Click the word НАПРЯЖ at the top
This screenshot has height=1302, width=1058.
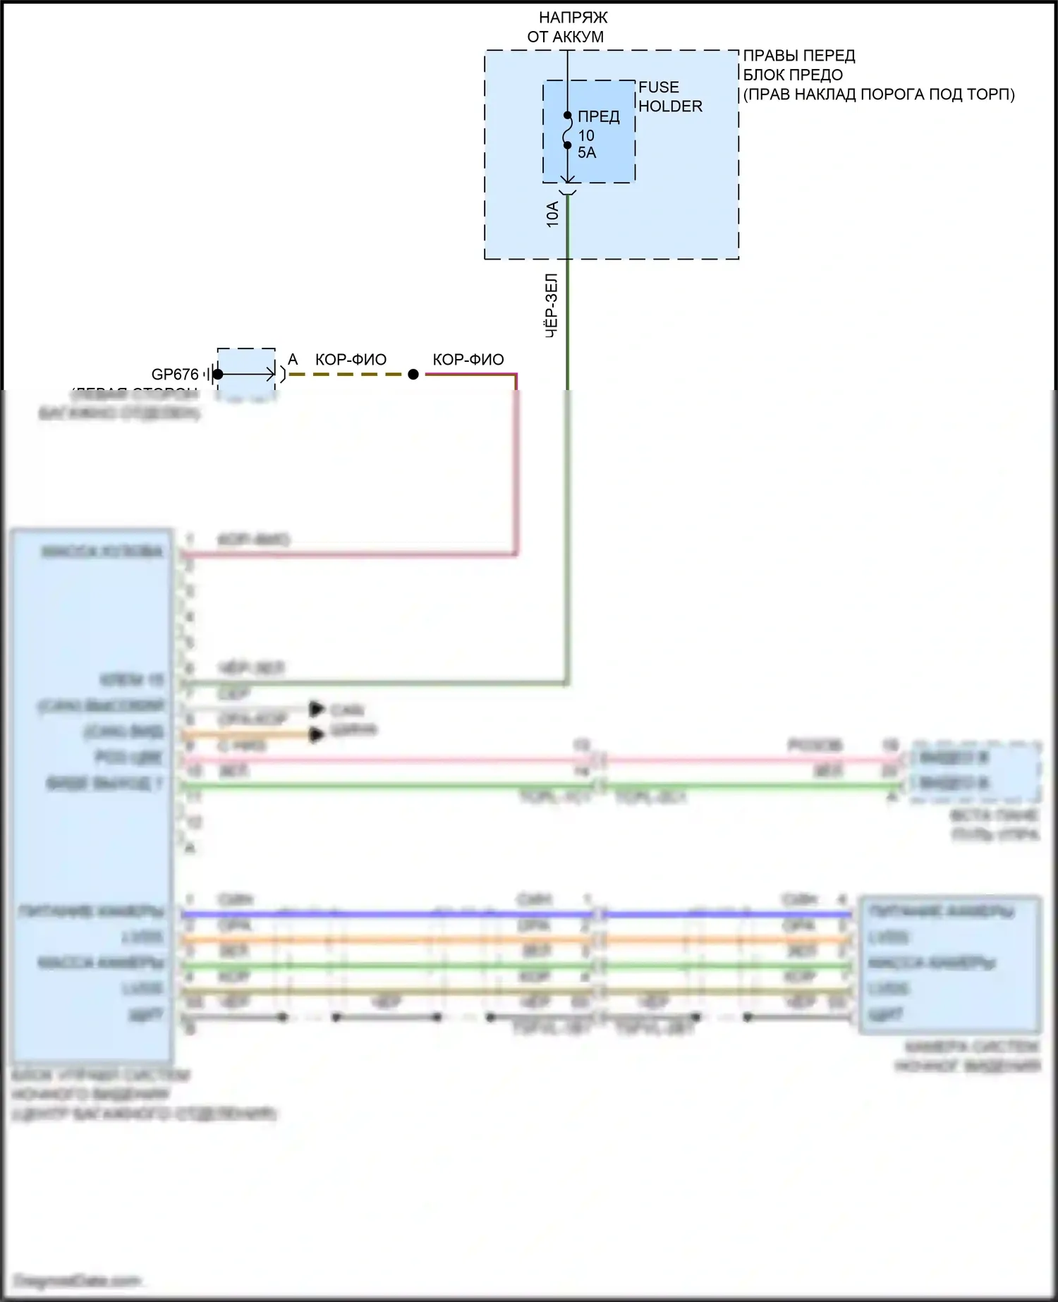coord(573,18)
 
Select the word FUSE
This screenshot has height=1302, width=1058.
coord(659,87)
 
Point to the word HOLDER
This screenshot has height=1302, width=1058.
coord(670,107)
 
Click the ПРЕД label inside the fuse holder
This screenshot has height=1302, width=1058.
coord(598,117)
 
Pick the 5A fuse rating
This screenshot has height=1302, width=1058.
coord(587,153)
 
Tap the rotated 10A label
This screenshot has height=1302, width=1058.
coord(552,214)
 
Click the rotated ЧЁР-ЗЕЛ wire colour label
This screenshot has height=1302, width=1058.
coord(552,305)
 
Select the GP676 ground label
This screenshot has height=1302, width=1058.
coord(175,375)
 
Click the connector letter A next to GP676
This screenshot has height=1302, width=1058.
coord(293,360)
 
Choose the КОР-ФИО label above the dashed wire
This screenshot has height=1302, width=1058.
coord(351,360)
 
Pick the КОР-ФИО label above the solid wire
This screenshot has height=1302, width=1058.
coord(468,360)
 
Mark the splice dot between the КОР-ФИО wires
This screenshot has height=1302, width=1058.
coord(413,375)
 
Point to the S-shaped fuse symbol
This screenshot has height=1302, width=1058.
coord(567,130)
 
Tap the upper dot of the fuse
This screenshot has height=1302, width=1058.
coord(567,116)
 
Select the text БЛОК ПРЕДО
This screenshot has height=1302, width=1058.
coord(793,75)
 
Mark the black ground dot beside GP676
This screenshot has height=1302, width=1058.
coord(218,375)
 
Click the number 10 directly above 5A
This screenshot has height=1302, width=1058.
coord(586,135)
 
